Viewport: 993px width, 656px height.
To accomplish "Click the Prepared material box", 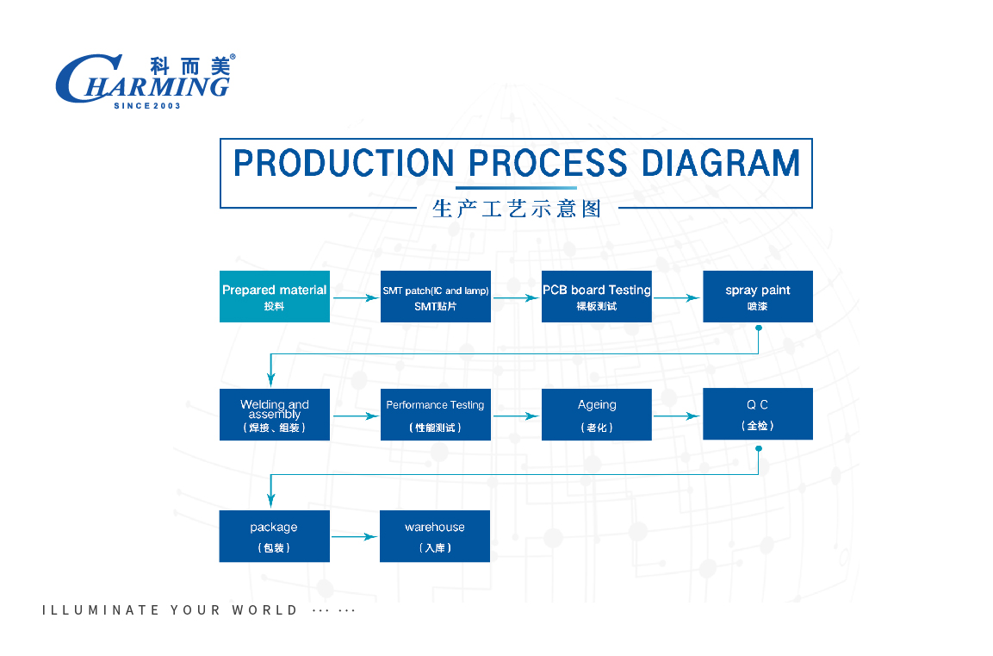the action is pyautogui.click(x=274, y=297).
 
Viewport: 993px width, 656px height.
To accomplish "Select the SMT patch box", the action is pyautogui.click(x=436, y=297).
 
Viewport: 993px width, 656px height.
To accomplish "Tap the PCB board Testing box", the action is pyautogui.click(x=597, y=297).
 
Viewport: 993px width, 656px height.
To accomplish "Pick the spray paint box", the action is pyautogui.click(x=758, y=297).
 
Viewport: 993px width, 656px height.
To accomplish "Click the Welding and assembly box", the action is pyautogui.click(x=274, y=415).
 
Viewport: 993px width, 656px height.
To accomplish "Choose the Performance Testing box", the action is pyautogui.click(x=436, y=415).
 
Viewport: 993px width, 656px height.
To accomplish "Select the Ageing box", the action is pyautogui.click(x=597, y=415).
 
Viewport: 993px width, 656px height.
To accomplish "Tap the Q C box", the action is pyautogui.click(x=758, y=414).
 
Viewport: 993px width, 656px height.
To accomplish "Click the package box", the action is pyautogui.click(x=274, y=536).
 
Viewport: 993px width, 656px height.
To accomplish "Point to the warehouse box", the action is pyautogui.click(x=435, y=536).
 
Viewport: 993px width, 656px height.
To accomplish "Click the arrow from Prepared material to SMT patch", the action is pyautogui.click(x=356, y=298).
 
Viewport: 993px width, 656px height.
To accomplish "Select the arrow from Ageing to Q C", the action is pyautogui.click(x=676, y=416).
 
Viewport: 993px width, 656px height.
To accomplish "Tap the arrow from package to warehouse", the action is pyautogui.click(x=354, y=537).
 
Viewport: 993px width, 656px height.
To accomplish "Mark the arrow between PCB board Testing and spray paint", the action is pyautogui.click(x=676, y=298).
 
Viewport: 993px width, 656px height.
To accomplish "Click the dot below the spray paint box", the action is pyautogui.click(x=759, y=328).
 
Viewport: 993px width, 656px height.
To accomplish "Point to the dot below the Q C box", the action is pyautogui.click(x=759, y=448).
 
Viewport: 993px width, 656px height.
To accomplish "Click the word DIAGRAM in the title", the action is pyautogui.click(x=721, y=163).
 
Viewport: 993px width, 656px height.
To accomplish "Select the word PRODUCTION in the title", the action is pyautogui.click(x=344, y=163).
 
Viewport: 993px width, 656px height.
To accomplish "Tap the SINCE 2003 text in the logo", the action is pyautogui.click(x=147, y=106).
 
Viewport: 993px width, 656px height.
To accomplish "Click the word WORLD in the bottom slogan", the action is pyautogui.click(x=264, y=609).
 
